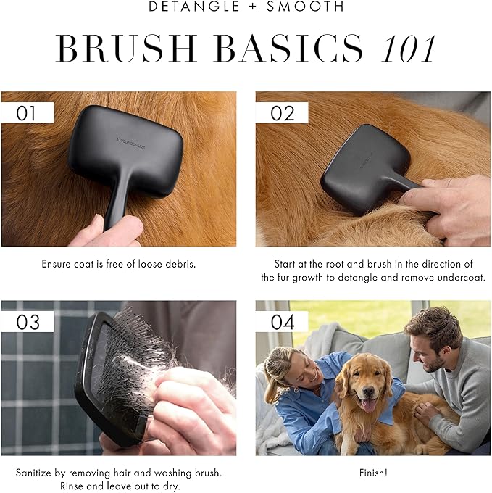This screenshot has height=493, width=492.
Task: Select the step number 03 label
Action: (28, 321)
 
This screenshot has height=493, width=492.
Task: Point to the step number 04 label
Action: (282, 321)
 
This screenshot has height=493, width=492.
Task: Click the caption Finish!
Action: (373, 473)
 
